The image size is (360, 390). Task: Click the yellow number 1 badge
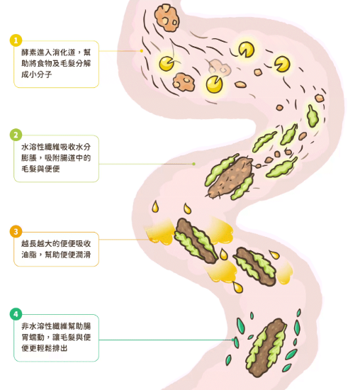click(16, 40)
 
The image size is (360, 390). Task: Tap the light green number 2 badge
click(16, 135)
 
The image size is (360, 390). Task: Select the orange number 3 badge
click(16, 232)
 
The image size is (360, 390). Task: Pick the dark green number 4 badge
click(16, 314)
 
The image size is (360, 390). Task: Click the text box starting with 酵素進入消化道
click(56, 64)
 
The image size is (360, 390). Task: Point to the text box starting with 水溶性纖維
click(56, 158)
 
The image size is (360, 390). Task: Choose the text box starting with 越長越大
click(56, 249)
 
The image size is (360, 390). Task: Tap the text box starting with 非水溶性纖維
click(56, 338)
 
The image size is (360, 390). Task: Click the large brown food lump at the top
click(167, 18)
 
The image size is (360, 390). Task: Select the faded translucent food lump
click(219, 67)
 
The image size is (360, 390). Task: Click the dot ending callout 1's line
click(142, 51)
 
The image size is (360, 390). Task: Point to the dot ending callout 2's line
click(193, 164)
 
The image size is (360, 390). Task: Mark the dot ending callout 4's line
click(233, 340)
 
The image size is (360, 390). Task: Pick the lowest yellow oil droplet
click(238, 287)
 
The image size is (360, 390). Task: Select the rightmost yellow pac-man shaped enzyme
click(282, 64)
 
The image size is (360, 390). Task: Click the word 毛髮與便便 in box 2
click(40, 169)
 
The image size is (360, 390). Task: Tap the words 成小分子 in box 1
click(37, 74)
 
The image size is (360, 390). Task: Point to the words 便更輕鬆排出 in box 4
click(45, 348)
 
